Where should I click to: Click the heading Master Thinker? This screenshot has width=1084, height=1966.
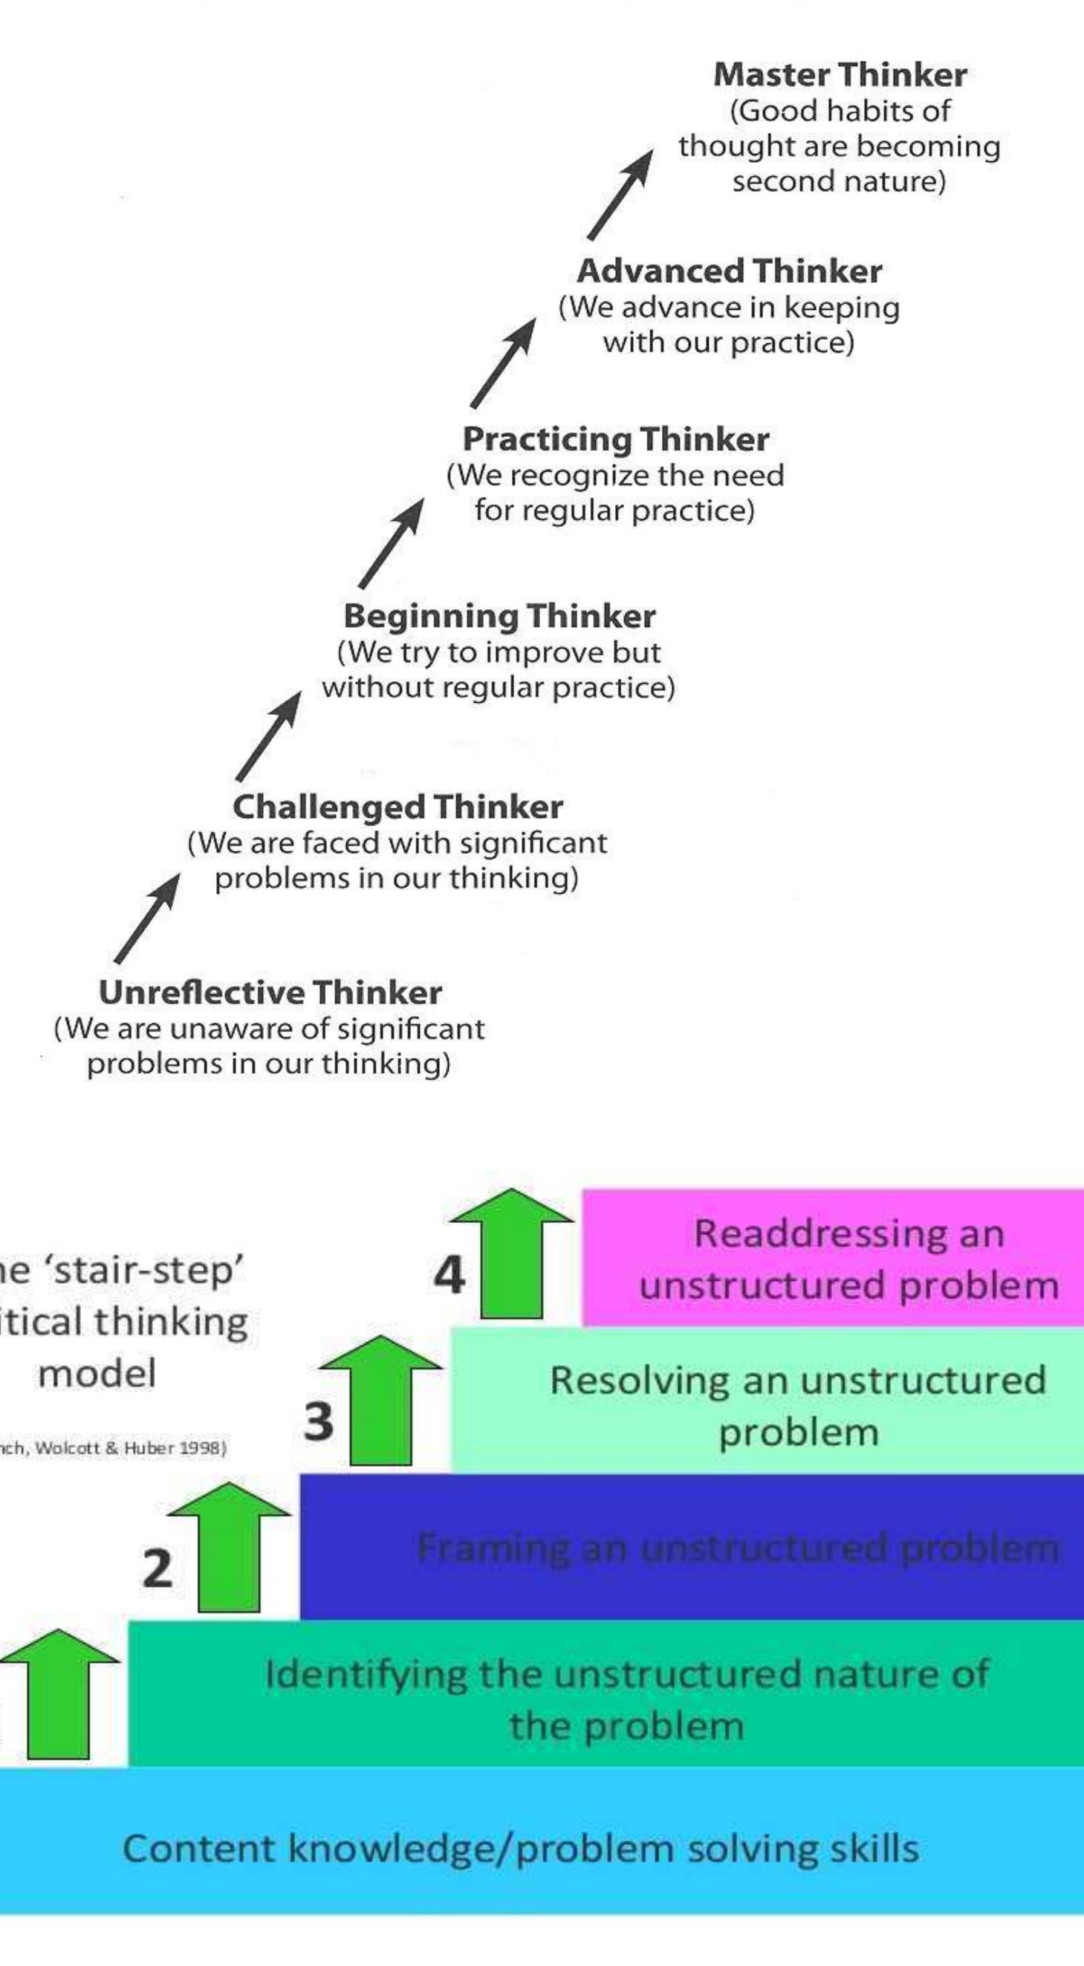coord(840,75)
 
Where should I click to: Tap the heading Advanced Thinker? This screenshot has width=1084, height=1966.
coord(729,271)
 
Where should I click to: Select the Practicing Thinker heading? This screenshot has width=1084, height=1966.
coord(615,439)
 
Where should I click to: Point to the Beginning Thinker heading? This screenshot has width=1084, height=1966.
coord(499,616)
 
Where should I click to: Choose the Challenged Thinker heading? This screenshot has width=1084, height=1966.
coord(397,807)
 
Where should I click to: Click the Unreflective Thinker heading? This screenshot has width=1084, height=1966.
coord(270,992)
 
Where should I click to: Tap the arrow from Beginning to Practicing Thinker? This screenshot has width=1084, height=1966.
coord(391,543)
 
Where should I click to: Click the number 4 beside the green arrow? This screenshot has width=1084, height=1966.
coord(449,1274)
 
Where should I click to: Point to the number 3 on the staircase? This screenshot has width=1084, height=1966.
coord(318,1421)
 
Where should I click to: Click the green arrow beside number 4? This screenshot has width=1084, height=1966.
coord(511,1256)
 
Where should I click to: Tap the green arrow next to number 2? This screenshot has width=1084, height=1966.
coord(228,1549)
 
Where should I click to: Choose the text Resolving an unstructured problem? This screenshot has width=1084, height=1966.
coord(798,1406)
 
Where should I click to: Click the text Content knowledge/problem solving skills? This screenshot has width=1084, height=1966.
coord(521,1849)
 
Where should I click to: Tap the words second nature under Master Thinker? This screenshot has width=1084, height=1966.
coord(838,181)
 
